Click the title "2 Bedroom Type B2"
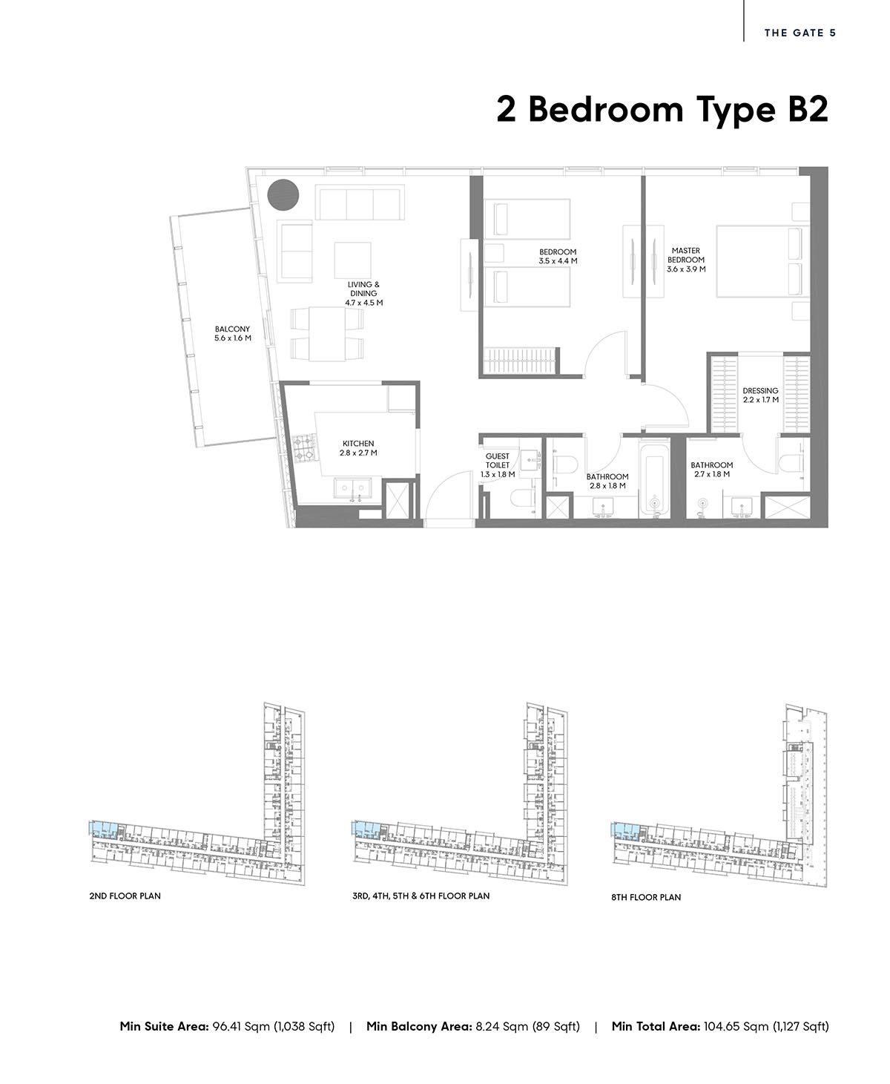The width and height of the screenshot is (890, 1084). [662, 110]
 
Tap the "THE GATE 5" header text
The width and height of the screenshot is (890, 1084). [800, 33]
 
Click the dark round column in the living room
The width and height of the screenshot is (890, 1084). [283, 195]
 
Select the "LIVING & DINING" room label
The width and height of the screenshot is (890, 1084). [364, 289]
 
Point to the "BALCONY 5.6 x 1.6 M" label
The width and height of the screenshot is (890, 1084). [233, 334]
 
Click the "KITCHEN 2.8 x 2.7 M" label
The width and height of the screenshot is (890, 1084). [358, 448]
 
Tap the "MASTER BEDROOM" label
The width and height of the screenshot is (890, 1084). [686, 255]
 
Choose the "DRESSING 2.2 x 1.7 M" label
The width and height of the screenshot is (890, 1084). [760, 395]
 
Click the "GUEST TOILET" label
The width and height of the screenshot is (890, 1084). [498, 461]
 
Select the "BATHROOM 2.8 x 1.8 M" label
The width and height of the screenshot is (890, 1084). [607, 481]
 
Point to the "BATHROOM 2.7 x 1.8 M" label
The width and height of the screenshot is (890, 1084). [712, 470]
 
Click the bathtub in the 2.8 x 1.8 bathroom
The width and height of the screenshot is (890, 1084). [655, 479]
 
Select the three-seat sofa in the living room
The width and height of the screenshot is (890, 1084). [360, 204]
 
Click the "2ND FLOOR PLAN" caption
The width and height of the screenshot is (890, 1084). [125, 896]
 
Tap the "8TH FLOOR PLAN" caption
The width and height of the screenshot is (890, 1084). [646, 898]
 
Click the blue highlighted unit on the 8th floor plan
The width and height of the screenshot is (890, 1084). [624, 829]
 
